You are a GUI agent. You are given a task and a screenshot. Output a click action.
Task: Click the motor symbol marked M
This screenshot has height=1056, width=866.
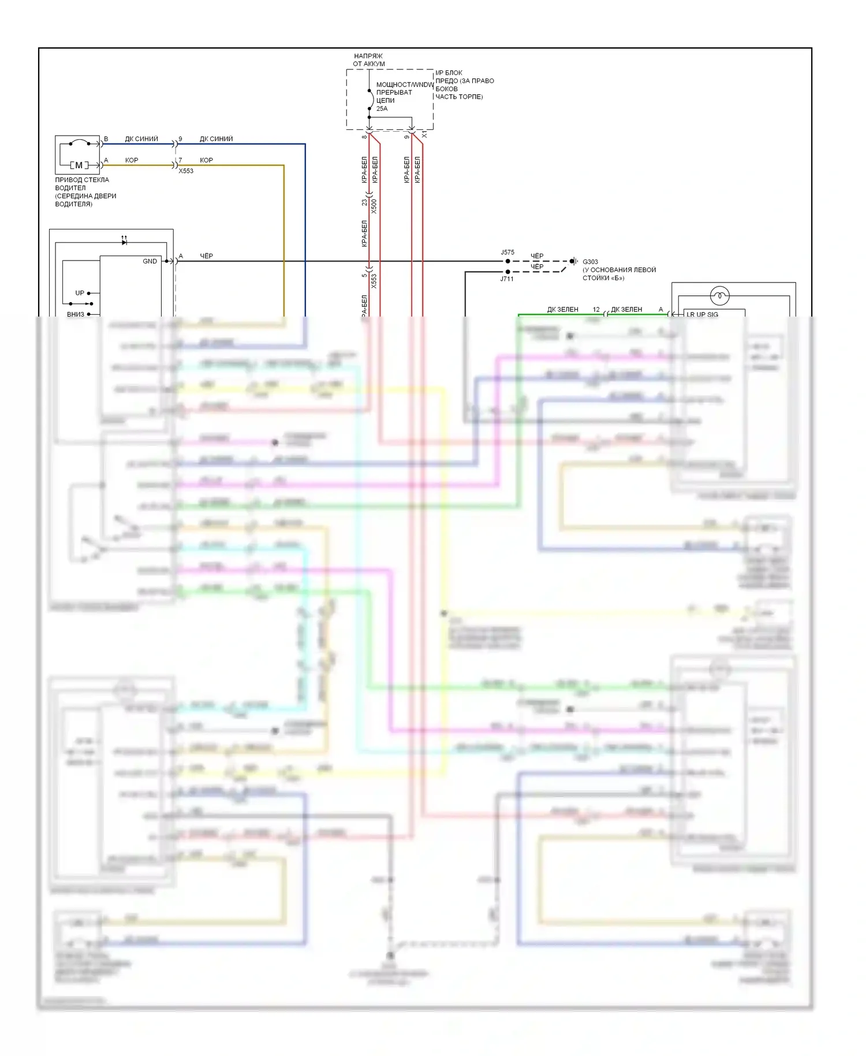pos(79,165)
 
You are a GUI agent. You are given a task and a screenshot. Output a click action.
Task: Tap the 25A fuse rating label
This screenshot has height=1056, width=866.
pos(382,109)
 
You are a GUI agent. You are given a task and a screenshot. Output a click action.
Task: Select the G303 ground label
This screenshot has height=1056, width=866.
pos(590,262)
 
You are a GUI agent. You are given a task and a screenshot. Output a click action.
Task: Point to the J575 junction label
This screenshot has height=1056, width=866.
pos(507,252)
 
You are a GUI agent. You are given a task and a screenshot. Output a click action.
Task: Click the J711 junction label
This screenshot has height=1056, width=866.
pos(507,279)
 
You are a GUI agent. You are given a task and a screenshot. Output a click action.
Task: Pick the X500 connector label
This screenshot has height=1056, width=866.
pos(374,206)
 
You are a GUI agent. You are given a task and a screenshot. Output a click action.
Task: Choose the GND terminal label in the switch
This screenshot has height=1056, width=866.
pos(150,261)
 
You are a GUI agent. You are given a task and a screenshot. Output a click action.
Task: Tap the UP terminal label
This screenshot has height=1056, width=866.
pos(80,293)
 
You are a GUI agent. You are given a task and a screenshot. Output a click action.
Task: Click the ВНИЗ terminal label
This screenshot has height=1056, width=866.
pos(76,314)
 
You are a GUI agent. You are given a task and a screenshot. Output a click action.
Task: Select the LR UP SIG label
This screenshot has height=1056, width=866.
pos(702,315)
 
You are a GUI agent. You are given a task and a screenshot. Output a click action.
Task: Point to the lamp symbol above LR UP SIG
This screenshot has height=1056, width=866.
pos(719,296)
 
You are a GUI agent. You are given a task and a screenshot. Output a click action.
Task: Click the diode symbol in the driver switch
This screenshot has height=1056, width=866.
pos(124,242)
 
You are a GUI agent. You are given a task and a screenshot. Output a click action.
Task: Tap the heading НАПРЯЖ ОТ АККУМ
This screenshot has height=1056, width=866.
pos(368,60)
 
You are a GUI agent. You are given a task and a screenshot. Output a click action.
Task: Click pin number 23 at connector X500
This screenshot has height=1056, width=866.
pos(364,202)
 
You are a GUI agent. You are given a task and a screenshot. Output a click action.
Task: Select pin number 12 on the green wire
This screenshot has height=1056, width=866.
pos(596,310)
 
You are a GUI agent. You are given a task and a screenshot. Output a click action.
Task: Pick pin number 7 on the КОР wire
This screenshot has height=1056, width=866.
pos(180,160)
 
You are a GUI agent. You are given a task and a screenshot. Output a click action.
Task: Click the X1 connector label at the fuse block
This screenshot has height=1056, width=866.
pos(424,134)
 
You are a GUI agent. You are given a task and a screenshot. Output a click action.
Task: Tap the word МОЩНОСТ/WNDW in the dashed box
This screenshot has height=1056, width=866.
pos(405,84)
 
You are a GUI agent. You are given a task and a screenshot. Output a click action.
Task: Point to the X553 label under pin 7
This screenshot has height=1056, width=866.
pos(186,171)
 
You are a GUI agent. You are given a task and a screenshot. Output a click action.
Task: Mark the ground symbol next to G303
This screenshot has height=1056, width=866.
pos(574,261)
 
